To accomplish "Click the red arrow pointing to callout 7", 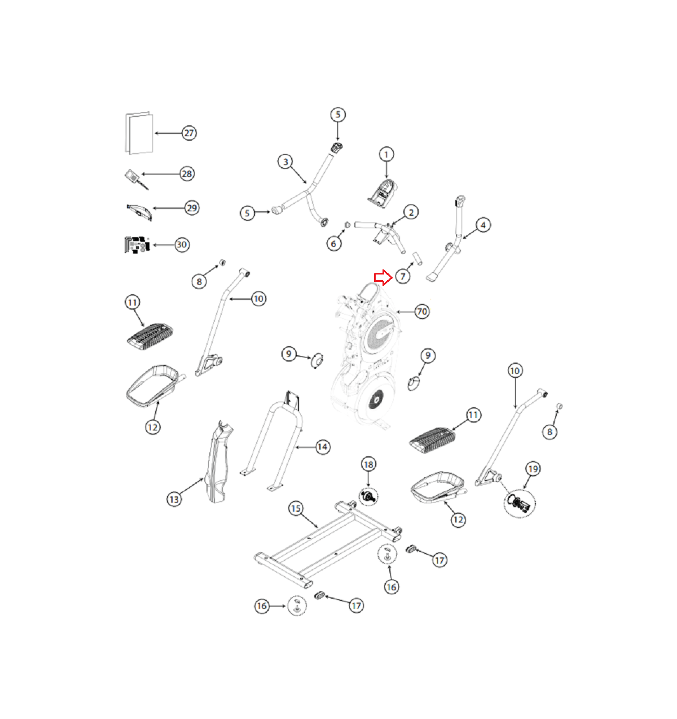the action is tap(383, 278).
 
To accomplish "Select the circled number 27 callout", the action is tap(189, 133).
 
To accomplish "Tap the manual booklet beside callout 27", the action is tap(139, 133).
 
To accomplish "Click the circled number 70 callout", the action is tap(422, 311).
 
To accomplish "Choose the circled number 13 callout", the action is tap(174, 499).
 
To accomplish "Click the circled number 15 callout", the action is tap(296, 508).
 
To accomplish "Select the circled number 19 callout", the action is tap(533, 469).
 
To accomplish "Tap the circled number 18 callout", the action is tap(368, 464).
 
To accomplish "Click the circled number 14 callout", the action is tap(322, 447).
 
